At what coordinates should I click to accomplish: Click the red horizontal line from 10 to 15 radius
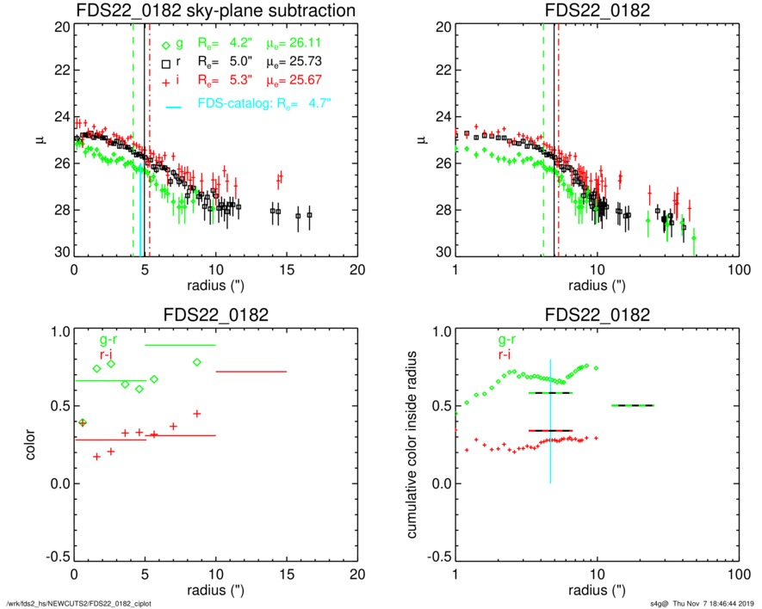(x=251, y=372)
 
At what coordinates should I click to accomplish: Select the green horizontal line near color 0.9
(x=179, y=345)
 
